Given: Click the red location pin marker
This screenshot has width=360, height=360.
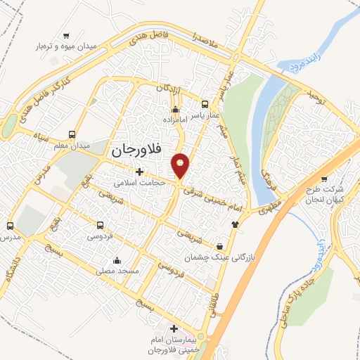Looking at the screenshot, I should (181, 165).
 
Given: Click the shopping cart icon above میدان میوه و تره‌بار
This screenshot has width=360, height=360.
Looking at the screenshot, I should (66, 35).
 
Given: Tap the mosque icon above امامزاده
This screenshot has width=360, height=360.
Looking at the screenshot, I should (176, 109).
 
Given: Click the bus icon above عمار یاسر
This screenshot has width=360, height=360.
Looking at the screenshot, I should (205, 103).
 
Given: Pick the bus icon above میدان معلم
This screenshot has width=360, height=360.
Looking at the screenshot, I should (72, 134).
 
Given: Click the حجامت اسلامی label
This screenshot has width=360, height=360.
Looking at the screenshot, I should (139, 182).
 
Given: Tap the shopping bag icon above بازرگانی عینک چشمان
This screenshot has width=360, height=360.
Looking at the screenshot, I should (221, 247).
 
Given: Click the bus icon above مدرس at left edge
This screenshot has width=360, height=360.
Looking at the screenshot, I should (10, 226).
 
